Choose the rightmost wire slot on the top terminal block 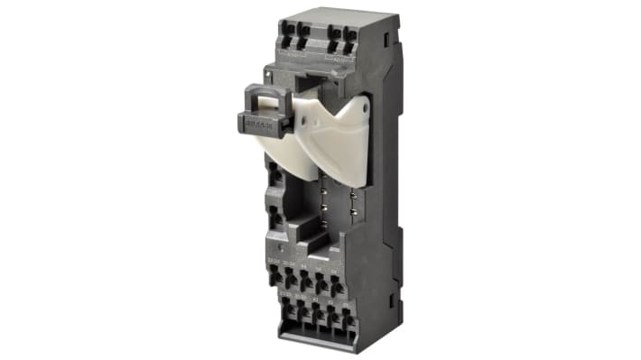click(x=348, y=40)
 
